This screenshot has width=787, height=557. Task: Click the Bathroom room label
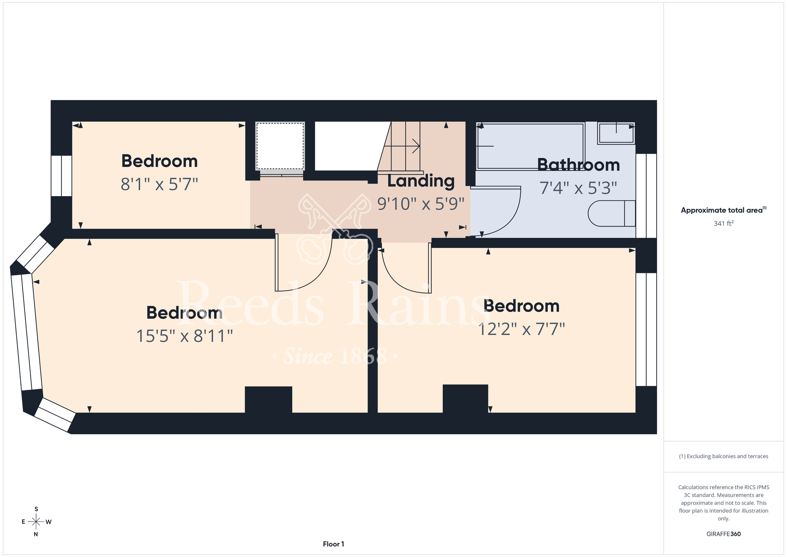tap(578, 165)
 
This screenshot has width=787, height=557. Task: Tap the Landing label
tap(421, 181)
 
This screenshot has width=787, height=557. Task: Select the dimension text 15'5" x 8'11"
tap(185, 336)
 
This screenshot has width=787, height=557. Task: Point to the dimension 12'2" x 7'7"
tap(521, 329)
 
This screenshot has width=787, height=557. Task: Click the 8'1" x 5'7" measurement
tap(159, 184)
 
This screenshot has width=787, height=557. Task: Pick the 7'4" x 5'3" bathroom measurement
tap(578, 188)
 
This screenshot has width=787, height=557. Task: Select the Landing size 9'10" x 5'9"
tap(421, 204)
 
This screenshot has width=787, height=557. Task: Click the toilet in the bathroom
tap(611, 214)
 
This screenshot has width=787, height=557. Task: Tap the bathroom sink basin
tap(616, 133)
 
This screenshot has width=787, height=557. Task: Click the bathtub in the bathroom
tap(530, 147)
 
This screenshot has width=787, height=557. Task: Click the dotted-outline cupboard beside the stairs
tap(280, 146)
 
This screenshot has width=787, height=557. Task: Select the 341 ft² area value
tap(724, 223)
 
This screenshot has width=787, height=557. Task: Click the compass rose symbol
tap(36, 522)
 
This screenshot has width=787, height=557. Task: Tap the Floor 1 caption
tap(333, 544)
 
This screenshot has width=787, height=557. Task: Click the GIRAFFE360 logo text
tap(724, 534)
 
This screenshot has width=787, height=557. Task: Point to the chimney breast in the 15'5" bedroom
tap(268, 399)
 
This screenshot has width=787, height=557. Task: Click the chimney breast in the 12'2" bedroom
tap(466, 398)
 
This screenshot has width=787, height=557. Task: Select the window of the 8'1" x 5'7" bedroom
tap(61, 176)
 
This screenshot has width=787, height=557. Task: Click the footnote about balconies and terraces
tap(724, 456)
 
